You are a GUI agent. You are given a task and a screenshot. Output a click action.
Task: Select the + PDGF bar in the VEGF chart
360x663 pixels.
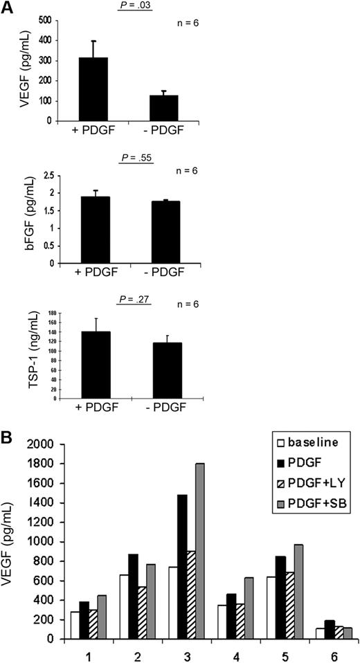click(x=102, y=89)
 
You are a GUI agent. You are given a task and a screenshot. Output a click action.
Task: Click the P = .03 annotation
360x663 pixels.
click(x=134, y=6)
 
